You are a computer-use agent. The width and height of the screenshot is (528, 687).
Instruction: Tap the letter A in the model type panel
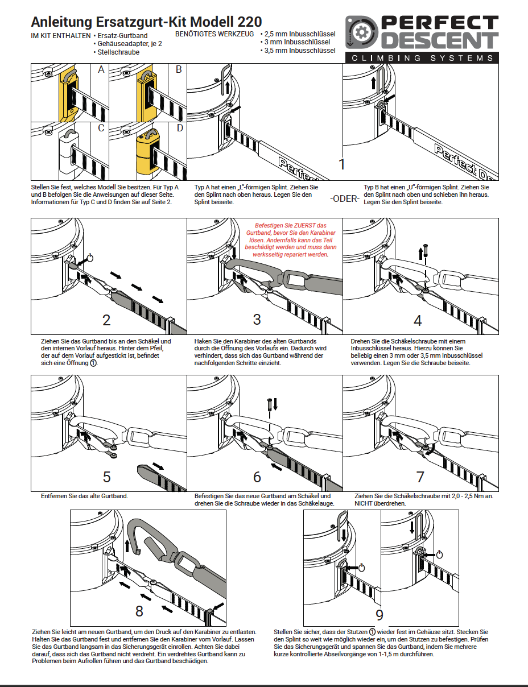tap(101, 70)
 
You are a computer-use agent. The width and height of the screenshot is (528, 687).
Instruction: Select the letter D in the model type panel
tap(179, 128)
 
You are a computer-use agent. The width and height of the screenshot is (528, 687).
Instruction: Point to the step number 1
tap(341, 164)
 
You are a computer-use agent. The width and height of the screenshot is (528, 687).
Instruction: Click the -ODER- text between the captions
tap(345, 199)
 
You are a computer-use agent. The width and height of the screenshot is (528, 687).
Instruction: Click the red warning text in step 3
tap(290, 240)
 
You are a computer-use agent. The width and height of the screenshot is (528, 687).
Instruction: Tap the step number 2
tap(106, 319)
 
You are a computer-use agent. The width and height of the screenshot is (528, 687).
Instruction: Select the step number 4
tap(418, 320)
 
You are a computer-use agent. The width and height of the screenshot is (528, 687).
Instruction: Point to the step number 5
tap(106, 477)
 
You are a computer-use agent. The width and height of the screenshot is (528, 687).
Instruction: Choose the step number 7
tap(420, 477)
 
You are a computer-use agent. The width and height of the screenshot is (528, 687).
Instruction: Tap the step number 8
tap(139, 611)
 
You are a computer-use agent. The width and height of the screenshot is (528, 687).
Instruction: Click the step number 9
tap(379, 615)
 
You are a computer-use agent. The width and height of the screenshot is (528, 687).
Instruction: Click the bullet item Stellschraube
tap(118, 52)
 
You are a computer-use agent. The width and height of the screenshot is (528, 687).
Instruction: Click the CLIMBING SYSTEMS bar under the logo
tap(422, 57)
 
